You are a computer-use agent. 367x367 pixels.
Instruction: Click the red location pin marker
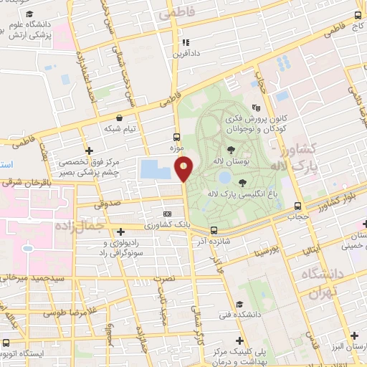click(x=184, y=168)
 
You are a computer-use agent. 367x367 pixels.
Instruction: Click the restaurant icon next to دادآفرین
click(x=186, y=42)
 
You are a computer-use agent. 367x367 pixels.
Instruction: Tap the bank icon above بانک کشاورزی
click(x=168, y=214)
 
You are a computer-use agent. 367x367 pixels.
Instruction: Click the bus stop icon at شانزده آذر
click(x=214, y=230)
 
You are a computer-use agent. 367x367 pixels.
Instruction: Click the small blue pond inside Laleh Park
click(x=225, y=176)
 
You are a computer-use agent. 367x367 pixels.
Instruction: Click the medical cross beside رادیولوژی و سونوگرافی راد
click(x=121, y=232)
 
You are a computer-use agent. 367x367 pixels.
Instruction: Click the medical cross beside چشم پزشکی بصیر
click(x=89, y=151)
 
